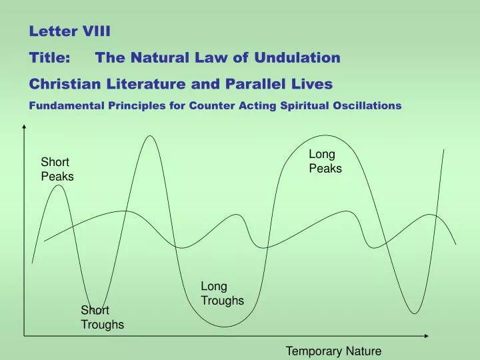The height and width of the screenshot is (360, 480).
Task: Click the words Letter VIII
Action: (63, 30)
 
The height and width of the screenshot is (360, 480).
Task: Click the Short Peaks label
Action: (57, 169)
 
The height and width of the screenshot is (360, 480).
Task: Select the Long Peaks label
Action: (325, 161)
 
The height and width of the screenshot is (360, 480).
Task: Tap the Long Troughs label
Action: (222, 293)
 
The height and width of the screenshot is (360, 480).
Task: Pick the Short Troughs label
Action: (101, 317)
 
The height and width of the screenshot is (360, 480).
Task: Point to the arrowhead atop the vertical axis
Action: (25, 127)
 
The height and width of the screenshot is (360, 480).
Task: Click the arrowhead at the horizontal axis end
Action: (440, 335)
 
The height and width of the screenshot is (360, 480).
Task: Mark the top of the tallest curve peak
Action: (151, 136)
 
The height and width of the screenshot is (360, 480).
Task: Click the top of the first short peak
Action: (59, 185)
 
